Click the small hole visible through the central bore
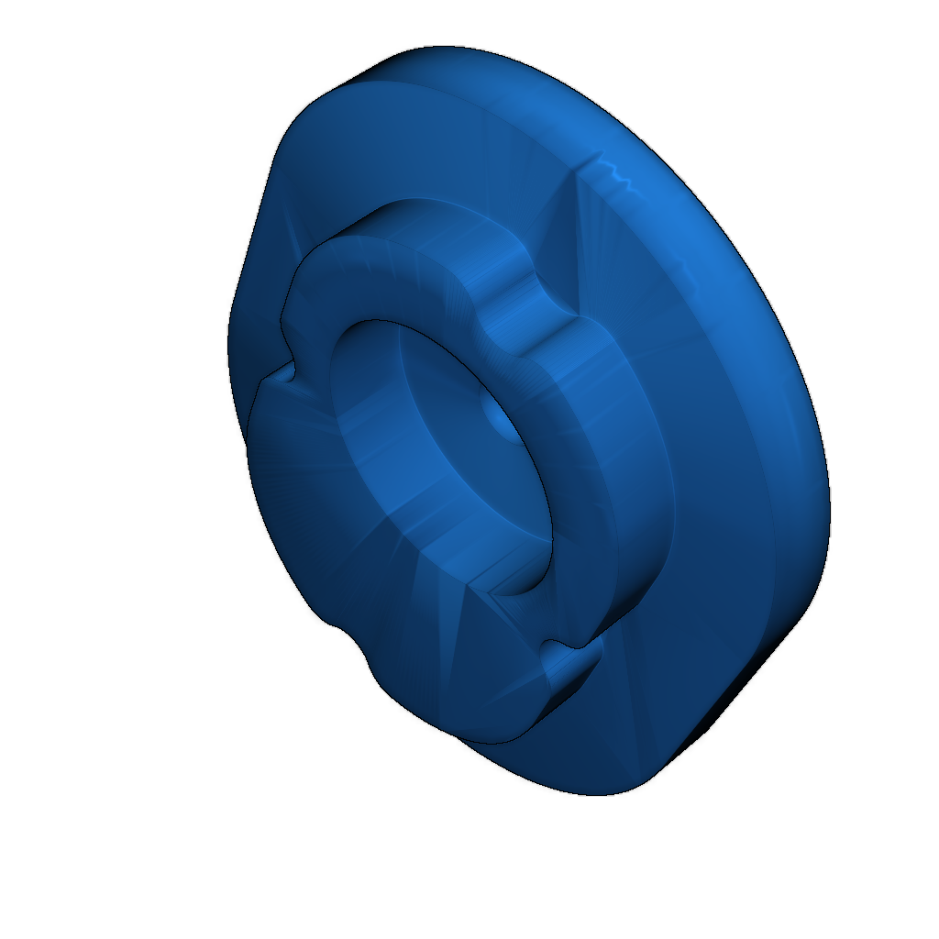pyautogui.click(x=496, y=420)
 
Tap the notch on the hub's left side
pyautogui.click(x=286, y=371)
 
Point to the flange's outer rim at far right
pyautogui.click(x=821, y=477)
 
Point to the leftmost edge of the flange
pyautogui.click(x=229, y=339)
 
